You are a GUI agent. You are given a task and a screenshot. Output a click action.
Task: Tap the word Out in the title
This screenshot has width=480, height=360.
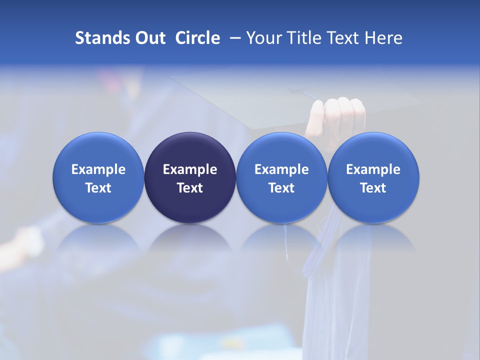click(x=149, y=38)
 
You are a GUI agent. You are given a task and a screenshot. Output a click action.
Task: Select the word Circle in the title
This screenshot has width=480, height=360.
click(x=197, y=38)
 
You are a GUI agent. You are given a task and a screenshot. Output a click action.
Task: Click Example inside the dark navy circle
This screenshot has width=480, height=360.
click(x=190, y=169)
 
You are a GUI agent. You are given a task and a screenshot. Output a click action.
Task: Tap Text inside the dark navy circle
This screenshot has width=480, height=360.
click(x=190, y=188)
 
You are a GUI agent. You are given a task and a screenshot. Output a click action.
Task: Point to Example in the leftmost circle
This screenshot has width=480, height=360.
click(x=98, y=169)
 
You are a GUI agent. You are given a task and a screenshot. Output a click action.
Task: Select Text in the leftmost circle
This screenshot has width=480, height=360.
click(x=98, y=188)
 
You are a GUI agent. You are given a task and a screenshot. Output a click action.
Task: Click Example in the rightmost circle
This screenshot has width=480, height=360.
click(x=373, y=169)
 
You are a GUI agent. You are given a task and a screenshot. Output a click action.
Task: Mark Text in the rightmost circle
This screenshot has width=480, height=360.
click(x=373, y=188)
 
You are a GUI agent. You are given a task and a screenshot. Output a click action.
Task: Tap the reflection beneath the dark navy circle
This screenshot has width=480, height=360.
click(x=190, y=240)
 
